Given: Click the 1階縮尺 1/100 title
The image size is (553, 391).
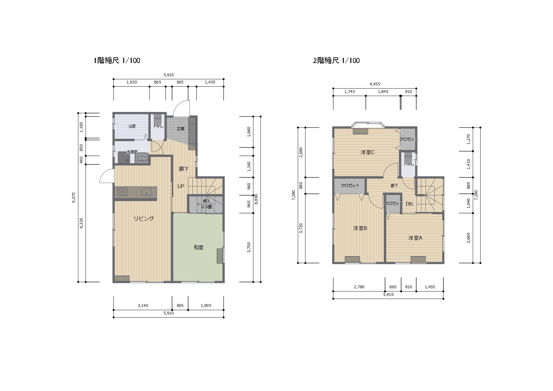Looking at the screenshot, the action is [x=117, y=60].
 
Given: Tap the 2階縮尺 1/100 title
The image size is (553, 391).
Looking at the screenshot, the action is [x=336, y=60].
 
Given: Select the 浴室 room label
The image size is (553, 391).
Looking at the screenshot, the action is [x=132, y=126].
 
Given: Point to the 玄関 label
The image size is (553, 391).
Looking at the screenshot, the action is [x=181, y=129].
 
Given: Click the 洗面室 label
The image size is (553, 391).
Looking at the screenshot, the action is [x=132, y=152].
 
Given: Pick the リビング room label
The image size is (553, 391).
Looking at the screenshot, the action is [x=144, y=219].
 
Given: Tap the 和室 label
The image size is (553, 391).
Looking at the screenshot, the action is [x=199, y=248].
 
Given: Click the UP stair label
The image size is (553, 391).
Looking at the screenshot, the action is [x=181, y=187].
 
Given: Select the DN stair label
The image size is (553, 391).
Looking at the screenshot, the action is [x=409, y=204].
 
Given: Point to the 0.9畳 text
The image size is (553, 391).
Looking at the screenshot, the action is [x=207, y=207].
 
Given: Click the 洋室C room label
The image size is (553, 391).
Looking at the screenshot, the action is [x=368, y=152].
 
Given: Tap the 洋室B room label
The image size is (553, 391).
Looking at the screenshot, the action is [x=360, y=228].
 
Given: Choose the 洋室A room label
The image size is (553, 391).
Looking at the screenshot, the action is [x=415, y=238].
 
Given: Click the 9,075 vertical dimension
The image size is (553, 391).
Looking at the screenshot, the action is [x=74, y=198].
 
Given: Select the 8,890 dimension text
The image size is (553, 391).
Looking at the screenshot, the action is [x=256, y=199].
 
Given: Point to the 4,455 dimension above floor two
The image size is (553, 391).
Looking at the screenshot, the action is [x=375, y=84].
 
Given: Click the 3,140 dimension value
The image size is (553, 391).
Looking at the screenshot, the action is [x=143, y=306].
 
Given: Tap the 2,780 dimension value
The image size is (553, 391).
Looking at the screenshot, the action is [x=359, y=287].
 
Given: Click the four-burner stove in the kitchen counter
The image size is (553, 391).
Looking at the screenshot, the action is [x=122, y=192].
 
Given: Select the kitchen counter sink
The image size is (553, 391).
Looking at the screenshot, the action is [x=146, y=192].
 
